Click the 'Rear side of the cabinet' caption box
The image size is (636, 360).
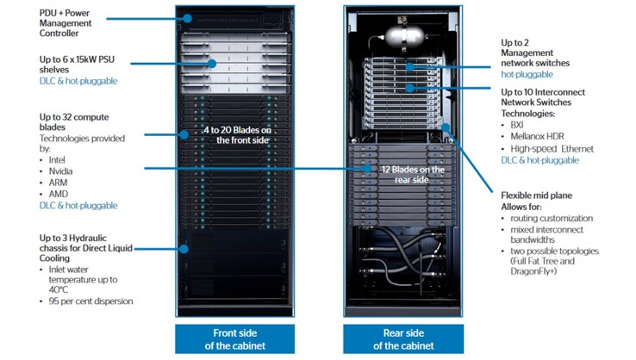coord(403,339)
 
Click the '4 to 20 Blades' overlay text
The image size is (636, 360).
coord(228,134)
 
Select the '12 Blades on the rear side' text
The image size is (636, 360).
coord(413,174)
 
